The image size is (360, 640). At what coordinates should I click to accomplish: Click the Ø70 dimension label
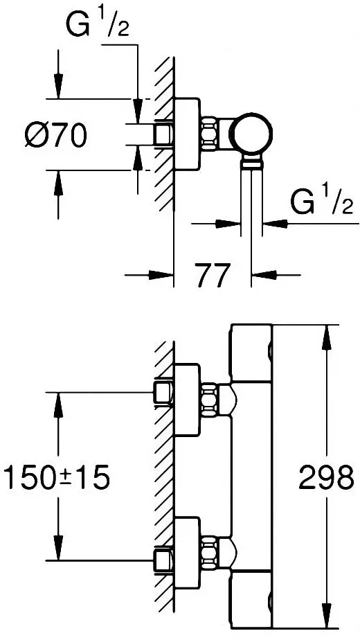pyautogui.click(x=56, y=135)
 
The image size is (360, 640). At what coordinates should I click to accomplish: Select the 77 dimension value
pyautogui.click(x=213, y=276)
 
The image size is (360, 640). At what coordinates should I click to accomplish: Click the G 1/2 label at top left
pyautogui.click(x=98, y=26)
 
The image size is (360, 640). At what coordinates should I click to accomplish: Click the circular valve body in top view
pyautogui.click(x=252, y=134)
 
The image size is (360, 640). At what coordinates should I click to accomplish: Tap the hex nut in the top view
pyautogui.click(x=208, y=134)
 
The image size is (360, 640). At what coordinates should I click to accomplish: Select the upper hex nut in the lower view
pyautogui.click(x=208, y=400)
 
